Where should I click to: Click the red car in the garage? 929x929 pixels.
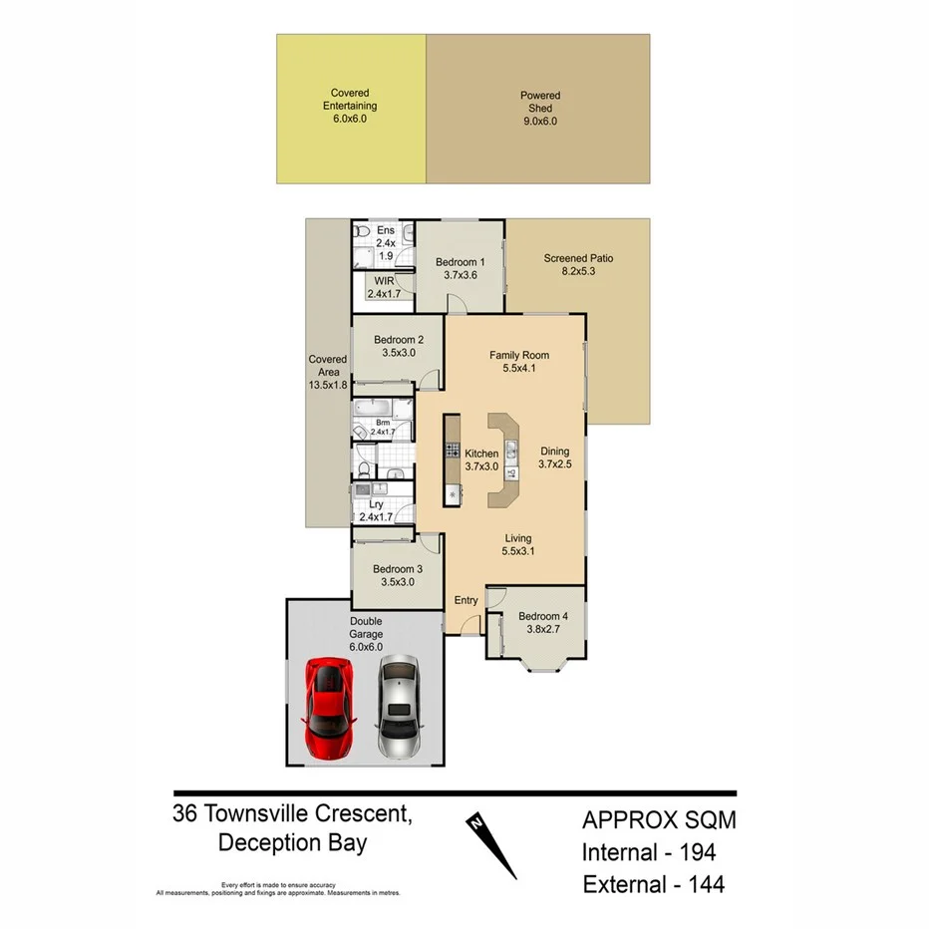tap(330, 709)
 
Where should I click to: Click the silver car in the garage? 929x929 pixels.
tap(399, 707)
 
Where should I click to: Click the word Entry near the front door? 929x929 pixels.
tap(465, 600)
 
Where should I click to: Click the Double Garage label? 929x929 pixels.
tap(365, 627)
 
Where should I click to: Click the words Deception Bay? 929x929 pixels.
tap(292, 843)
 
